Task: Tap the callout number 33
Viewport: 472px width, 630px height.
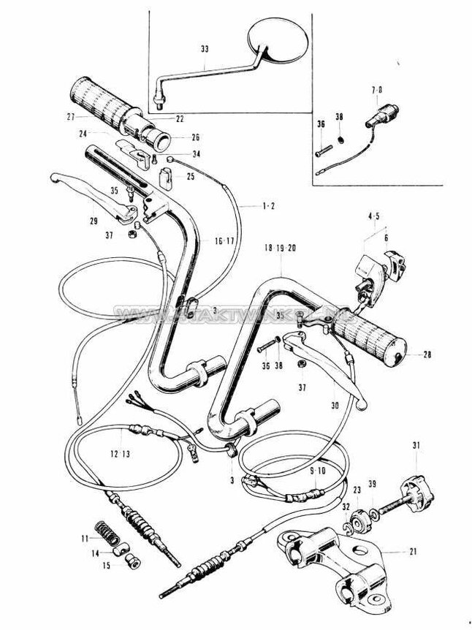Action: (203, 49)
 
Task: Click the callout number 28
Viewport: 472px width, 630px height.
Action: (427, 355)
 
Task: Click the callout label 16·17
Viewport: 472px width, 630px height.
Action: (224, 240)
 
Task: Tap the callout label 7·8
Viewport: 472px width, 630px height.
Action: (376, 89)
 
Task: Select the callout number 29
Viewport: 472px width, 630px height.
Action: (93, 220)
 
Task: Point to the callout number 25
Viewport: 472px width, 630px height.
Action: (190, 176)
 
